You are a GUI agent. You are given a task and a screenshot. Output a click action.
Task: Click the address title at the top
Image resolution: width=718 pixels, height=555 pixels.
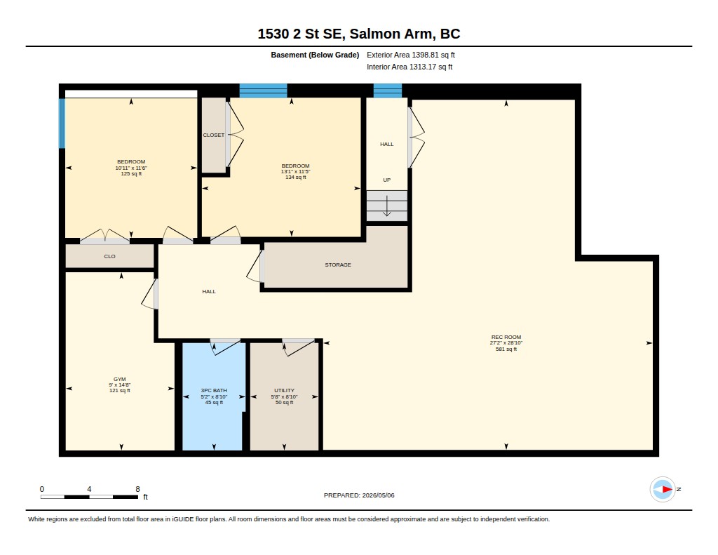click(x=358, y=34)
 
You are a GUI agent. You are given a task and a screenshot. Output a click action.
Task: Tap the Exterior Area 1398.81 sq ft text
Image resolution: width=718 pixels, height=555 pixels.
click(x=411, y=55)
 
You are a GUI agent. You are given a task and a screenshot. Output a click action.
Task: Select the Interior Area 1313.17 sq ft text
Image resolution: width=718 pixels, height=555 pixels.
click(x=409, y=67)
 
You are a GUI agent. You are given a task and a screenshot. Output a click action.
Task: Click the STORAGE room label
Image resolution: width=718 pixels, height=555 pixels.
click(x=338, y=265)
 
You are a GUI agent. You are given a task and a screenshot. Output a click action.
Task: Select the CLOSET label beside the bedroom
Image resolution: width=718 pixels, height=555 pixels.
click(x=214, y=135)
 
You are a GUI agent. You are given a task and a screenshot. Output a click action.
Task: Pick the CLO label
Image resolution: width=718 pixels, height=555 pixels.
click(x=110, y=257)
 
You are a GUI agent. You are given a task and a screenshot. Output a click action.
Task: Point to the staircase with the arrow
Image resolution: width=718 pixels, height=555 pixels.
click(x=387, y=206)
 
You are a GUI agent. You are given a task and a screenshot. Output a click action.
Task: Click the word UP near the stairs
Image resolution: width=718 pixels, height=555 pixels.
click(x=387, y=180)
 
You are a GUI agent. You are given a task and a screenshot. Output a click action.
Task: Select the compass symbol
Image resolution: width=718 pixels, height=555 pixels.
click(x=663, y=490)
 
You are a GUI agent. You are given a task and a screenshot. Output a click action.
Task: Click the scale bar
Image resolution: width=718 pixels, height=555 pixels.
click(x=89, y=497)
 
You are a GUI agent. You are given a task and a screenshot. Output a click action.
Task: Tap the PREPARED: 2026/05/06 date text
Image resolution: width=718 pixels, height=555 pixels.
click(x=359, y=495)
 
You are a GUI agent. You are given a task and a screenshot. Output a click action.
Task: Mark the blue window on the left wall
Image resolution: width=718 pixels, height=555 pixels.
click(x=62, y=123)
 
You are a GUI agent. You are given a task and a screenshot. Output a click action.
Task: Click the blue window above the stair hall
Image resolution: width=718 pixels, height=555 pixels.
click(x=387, y=91)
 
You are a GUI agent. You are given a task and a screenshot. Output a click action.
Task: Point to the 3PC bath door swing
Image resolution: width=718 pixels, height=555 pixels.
click(x=225, y=348)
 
